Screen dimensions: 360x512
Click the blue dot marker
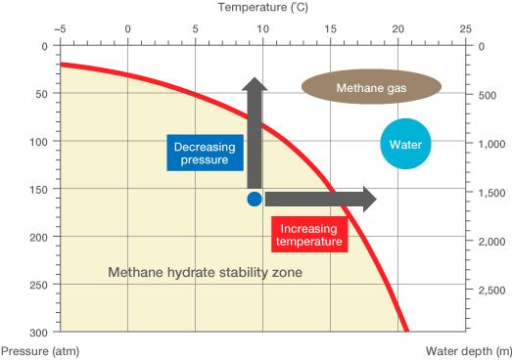point(255,200)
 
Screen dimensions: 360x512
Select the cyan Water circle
point(405,145)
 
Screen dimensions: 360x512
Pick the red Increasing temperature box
point(306,235)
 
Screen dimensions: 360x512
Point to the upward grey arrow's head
point(255,86)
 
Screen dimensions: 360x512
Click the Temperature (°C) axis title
point(263,8)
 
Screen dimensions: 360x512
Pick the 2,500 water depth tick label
point(489,291)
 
